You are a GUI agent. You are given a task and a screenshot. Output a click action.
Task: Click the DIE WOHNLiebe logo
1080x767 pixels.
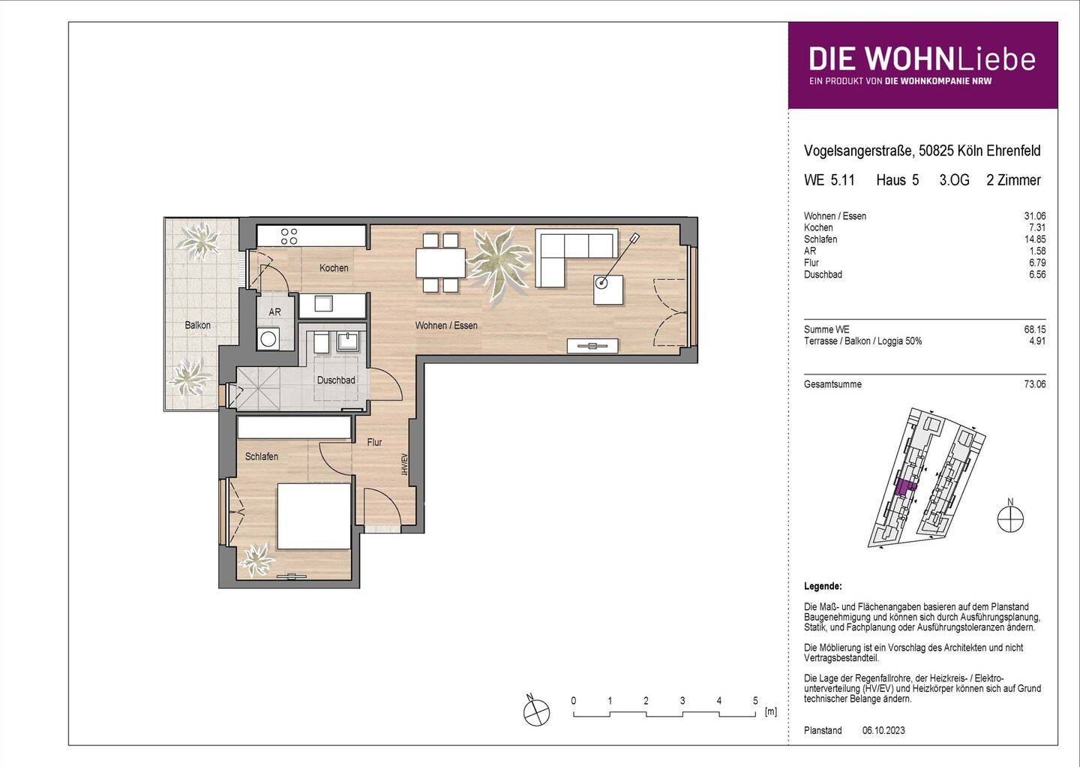[922, 65]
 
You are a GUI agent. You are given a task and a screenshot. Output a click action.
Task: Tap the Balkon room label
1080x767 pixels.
[198, 325]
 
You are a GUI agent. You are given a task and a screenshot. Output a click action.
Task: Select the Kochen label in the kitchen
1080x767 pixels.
[334, 268]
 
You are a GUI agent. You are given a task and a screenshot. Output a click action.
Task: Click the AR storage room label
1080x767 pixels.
[274, 312]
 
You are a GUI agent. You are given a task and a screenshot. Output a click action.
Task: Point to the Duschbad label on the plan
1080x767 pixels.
[336, 380]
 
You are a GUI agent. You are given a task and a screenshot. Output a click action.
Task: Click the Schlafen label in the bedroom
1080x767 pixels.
[262, 456]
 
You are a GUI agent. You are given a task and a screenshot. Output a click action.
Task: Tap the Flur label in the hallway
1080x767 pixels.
[374, 442]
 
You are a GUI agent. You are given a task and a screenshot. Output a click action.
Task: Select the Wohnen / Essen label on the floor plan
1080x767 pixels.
[446, 326]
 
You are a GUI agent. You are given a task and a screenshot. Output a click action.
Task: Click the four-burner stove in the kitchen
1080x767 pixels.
[288, 236]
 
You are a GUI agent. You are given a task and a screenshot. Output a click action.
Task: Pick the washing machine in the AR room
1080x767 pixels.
[268, 338]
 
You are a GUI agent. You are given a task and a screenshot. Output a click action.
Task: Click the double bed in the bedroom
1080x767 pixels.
[313, 516]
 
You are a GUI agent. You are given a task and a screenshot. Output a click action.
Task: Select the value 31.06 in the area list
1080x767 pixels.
[1034, 216]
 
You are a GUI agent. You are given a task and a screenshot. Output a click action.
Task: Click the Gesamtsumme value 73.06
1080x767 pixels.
[1034, 384]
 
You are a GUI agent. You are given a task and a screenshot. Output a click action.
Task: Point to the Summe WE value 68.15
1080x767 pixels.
[1034, 329]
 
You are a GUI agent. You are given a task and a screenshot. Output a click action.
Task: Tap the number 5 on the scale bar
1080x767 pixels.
[755, 701]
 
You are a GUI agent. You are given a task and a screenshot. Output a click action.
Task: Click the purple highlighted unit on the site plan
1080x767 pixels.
[905, 488]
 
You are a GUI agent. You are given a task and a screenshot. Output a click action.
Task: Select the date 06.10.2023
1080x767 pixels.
[883, 730]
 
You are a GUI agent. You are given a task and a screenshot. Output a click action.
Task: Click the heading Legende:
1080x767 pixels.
[823, 586]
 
